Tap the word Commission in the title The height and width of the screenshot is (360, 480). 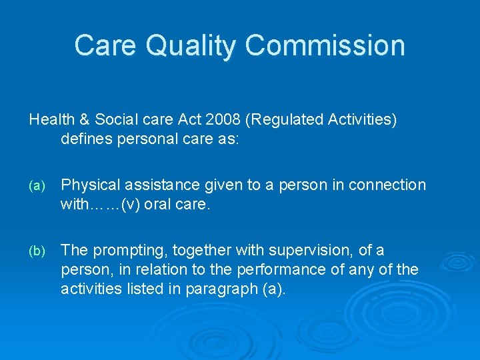[x=325, y=45]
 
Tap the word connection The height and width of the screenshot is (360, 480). [x=392, y=185]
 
